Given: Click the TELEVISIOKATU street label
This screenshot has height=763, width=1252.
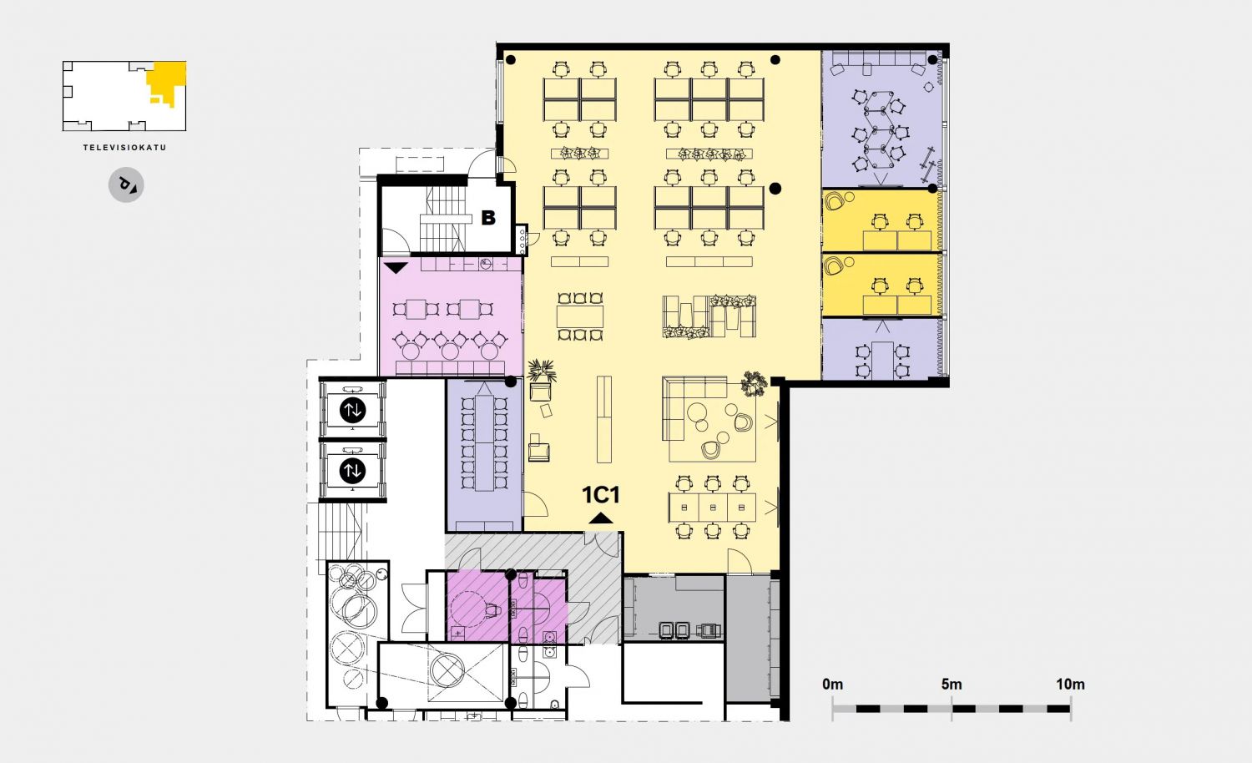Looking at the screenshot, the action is point(124,148).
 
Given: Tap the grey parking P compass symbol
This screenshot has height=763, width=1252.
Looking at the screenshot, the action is point(126,184).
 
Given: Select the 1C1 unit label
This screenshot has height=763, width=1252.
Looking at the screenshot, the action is point(601,495).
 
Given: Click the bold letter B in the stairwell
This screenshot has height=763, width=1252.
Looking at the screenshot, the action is point(488,217).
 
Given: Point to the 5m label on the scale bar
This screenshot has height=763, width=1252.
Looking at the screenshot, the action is point(952,685).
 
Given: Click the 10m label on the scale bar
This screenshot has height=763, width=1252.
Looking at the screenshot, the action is point(1070,685).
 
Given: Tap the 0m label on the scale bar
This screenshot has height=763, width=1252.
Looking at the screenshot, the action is point(832,685).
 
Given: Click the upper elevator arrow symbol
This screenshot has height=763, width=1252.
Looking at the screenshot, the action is point(353,410).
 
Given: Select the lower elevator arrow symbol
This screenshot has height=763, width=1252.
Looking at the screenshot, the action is point(353,471).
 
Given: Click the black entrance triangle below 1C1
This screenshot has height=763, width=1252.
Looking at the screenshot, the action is point(601,518).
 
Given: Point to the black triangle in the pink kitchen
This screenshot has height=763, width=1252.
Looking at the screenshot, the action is point(396,268).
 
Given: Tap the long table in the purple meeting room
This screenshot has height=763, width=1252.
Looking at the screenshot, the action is point(485,442).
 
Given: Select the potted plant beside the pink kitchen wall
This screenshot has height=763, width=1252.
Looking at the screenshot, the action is point(542,371).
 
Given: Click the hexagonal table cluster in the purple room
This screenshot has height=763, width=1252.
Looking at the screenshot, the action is point(882,131).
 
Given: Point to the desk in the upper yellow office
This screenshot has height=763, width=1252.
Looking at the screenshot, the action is point(897,240).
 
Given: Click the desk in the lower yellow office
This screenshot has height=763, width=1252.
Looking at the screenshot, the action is point(897,306).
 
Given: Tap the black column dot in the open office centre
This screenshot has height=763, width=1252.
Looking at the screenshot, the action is point(775,189).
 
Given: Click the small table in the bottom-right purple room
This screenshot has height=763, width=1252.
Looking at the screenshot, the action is point(882,360).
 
